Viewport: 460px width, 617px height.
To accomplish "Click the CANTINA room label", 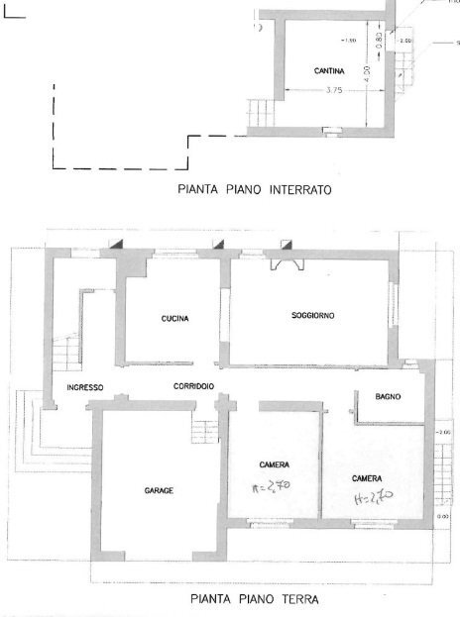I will click(x=329, y=71).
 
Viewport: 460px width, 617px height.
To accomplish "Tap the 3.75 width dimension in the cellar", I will click(x=334, y=91).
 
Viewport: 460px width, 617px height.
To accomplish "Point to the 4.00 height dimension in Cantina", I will click(x=367, y=72).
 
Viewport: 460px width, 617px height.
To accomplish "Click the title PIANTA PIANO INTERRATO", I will click(x=252, y=186).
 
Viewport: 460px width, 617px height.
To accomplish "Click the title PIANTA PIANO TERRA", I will click(x=254, y=599).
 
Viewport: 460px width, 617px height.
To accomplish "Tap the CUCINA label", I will click(x=174, y=319).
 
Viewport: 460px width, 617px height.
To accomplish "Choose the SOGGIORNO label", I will click(x=312, y=315).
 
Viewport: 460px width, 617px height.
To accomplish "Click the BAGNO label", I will click(x=388, y=397).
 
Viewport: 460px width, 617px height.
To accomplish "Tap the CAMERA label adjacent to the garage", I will click(x=274, y=464).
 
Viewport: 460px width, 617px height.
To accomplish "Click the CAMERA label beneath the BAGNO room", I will click(x=366, y=477).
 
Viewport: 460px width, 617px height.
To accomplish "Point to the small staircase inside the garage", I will click(x=203, y=434).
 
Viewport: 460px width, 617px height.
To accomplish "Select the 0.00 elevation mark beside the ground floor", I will click(x=442, y=517).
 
